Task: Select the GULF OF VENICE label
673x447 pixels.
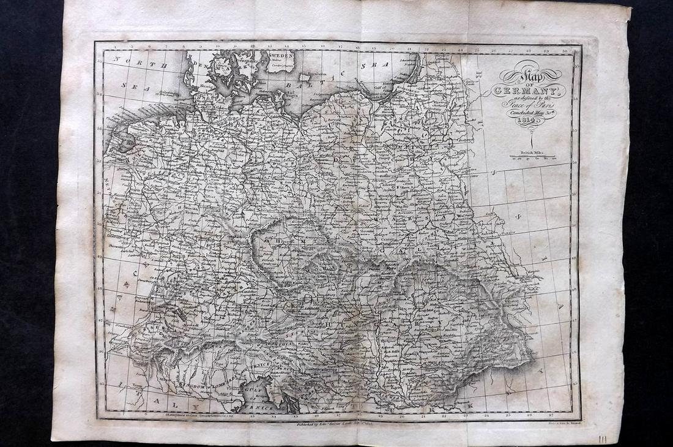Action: pyautogui.click(x=258, y=400)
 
